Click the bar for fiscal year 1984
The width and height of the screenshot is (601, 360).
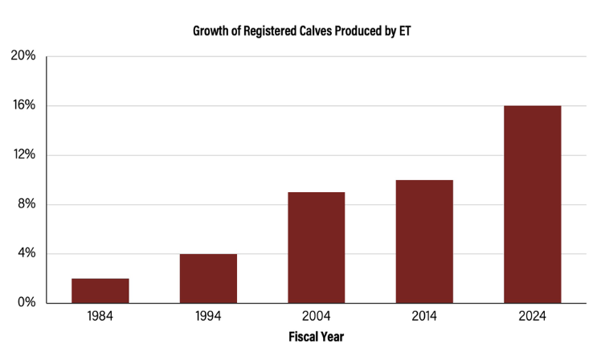click(x=100, y=291)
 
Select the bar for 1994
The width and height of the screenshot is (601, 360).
click(x=208, y=279)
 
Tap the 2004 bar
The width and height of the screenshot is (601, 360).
click(x=317, y=247)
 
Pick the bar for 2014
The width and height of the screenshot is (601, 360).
click(x=424, y=241)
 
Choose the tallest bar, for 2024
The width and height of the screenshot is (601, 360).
click(x=533, y=204)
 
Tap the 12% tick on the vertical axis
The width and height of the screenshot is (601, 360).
click(x=23, y=155)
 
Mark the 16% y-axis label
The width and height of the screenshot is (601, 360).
click(x=23, y=105)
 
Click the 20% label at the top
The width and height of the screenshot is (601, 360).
click(x=23, y=56)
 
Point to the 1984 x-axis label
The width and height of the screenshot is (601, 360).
click(x=100, y=317)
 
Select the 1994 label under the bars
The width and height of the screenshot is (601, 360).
click(x=208, y=317)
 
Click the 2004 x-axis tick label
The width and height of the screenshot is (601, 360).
click(x=317, y=317)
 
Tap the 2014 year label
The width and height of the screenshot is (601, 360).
click(x=424, y=317)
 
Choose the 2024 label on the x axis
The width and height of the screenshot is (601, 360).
click(x=533, y=317)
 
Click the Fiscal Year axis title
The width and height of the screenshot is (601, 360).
click(x=317, y=337)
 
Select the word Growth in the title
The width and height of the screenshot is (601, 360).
click(x=211, y=32)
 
